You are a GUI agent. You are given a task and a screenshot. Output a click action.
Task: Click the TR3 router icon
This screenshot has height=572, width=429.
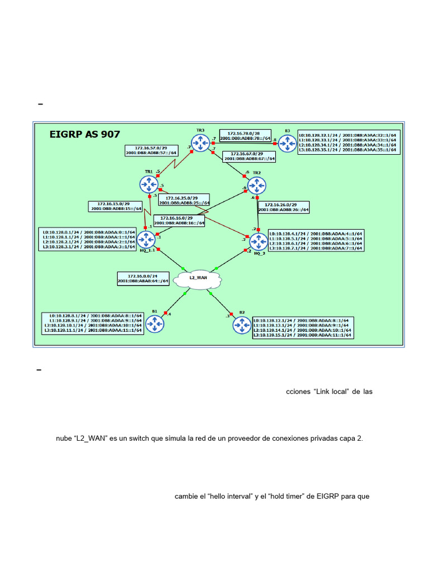200,142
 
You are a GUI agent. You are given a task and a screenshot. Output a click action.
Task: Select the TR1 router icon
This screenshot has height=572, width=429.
149,184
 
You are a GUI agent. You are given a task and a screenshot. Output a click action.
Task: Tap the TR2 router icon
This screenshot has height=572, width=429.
256,184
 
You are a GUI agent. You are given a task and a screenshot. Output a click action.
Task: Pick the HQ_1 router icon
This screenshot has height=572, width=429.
146,240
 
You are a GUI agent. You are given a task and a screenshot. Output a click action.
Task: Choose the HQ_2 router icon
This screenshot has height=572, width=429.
259,241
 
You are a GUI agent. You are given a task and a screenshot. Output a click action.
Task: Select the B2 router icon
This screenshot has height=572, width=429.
242,324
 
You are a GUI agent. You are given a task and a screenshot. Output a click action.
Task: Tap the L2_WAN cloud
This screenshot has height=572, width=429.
198,278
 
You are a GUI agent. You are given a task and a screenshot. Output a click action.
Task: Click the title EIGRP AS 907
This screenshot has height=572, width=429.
84,134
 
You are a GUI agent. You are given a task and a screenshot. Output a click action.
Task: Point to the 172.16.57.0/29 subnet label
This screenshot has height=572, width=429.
151,149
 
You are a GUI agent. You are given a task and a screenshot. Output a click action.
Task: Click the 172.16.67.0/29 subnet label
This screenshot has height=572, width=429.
249,156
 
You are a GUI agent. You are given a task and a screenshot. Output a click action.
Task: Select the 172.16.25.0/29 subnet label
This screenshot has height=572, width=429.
184,200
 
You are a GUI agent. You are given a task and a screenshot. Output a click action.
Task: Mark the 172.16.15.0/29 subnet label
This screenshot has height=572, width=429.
116,206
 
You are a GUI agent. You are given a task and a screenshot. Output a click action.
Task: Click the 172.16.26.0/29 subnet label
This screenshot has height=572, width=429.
284,207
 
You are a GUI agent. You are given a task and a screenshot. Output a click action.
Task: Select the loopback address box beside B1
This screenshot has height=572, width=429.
93,323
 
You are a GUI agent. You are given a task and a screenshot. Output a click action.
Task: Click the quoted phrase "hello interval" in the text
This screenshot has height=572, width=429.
228,496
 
